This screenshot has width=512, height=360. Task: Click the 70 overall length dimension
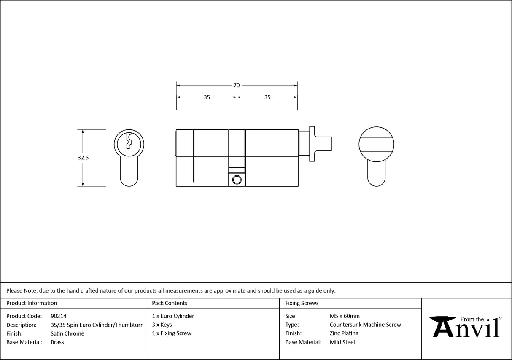pyautogui.click(x=237, y=86)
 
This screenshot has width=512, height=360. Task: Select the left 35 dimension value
pyautogui.click(x=207, y=97)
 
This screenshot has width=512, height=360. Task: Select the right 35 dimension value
pyautogui.click(x=267, y=97)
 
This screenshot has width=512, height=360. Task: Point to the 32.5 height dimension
pyautogui.click(x=83, y=158)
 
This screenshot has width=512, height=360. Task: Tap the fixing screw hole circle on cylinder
pyautogui.click(x=237, y=180)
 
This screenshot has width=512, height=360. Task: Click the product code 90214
pyautogui.click(x=58, y=316)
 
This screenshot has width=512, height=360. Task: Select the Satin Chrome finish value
pyautogui.click(x=67, y=333)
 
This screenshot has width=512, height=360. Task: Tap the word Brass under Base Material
pyautogui.click(x=57, y=342)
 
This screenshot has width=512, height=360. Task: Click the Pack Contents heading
pyautogui.click(x=170, y=303)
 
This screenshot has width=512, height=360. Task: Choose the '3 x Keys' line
pyautogui.click(x=162, y=325)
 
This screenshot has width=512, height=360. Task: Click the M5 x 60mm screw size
pyautogui.click(x=345, y=316)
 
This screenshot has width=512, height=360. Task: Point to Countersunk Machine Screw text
pyautogui.click(x=365, y=325)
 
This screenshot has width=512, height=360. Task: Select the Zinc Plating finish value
pyautogui.click(x=344, y=333)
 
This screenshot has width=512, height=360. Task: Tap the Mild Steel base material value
pyautogui.click(x=342, y=342)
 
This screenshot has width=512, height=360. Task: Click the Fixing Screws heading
pyautogui.click(x=302, y=303)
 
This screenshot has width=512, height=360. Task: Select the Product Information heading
pyautogui.click(x=32, y=303)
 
